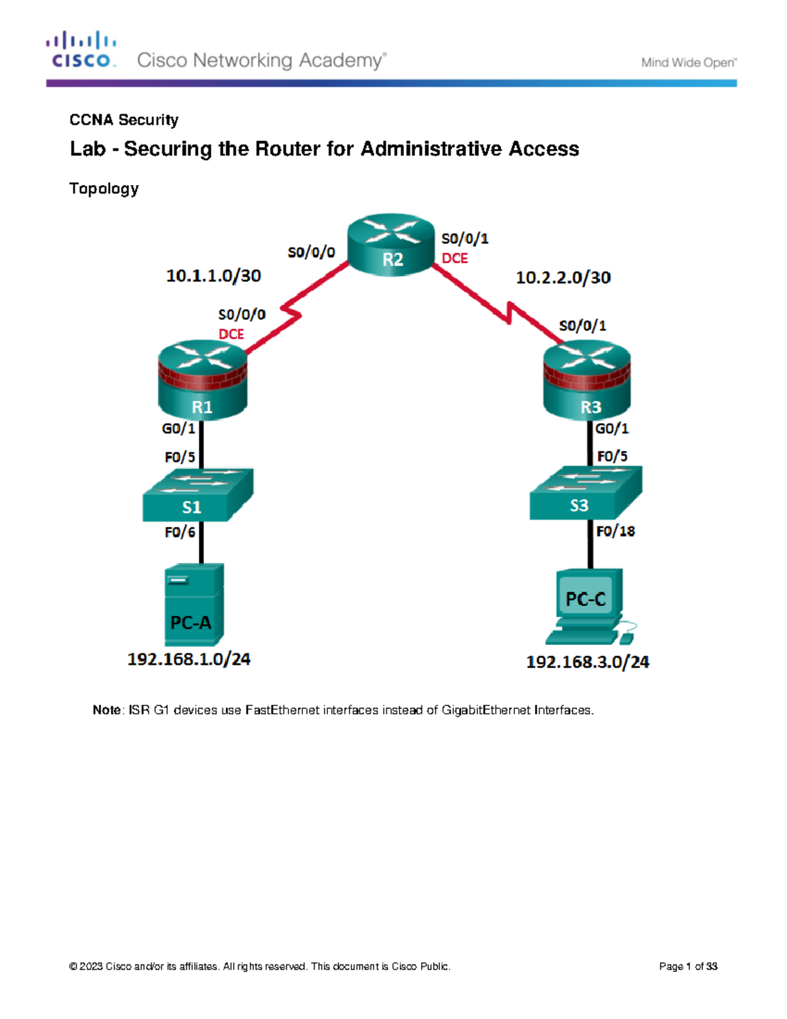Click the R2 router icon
(x=392, y=244)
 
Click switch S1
(x=197, y=496)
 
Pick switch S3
(x=585, y=493)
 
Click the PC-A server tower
(x=194, y=604)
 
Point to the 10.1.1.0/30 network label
(x=213, y=276)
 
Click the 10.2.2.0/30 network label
(x=563, y=278)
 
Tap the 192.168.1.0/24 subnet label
(x=189, y=659)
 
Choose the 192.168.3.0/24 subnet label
(x=588, y=662)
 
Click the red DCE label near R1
(x=231, y=334)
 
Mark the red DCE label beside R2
(x=454, y=259)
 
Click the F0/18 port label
(x=615, y=531)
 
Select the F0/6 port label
(x=180, y=532)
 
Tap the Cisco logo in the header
(x=81, y=50)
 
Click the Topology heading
(x=104, y=189)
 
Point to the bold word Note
(x=106, y=710)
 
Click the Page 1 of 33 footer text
(x=688, y=967)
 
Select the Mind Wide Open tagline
(x=689, y=63)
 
